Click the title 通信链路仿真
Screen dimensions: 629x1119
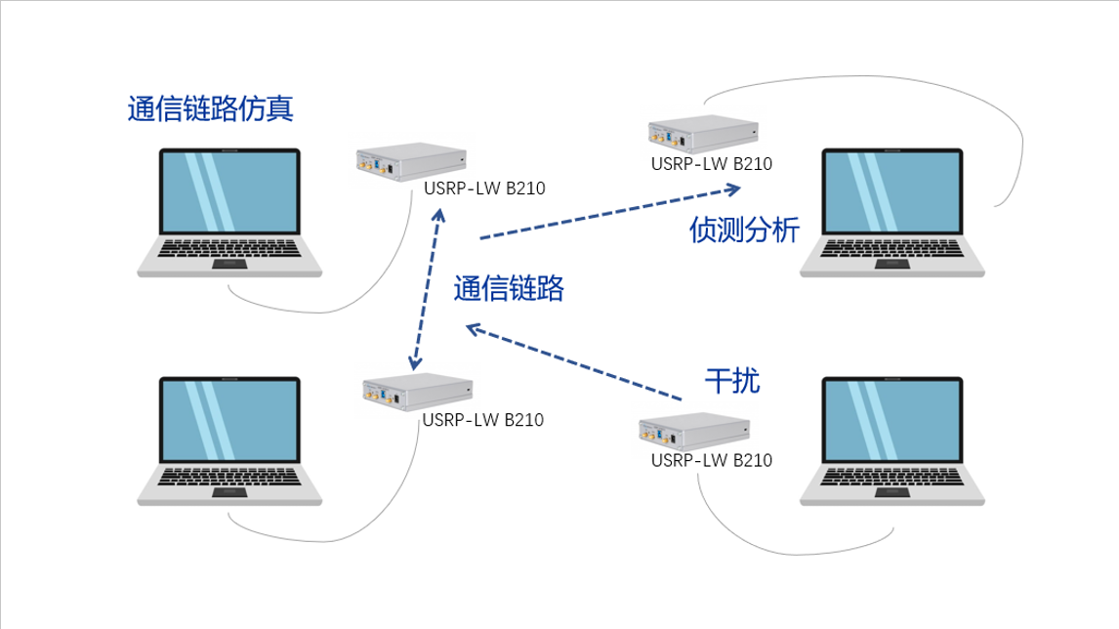click(210, 108)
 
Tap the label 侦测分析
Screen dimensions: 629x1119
click(744, 231)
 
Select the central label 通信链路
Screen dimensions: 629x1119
click(509, 288)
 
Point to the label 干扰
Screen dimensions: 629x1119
click(732, 380)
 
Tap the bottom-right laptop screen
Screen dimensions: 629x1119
click(892, 422)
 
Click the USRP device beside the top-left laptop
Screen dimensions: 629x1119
click(412, 165)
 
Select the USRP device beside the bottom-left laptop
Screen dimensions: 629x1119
click(417, 393)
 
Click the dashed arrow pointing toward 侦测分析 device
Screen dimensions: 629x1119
click(610, 210)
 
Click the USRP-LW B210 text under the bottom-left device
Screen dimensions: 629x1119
click(483, 420)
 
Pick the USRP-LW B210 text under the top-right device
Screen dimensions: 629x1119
click(711, 163)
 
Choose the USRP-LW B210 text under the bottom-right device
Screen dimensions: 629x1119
click(711, 460)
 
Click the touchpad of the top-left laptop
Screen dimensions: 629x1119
click(230, 264)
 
